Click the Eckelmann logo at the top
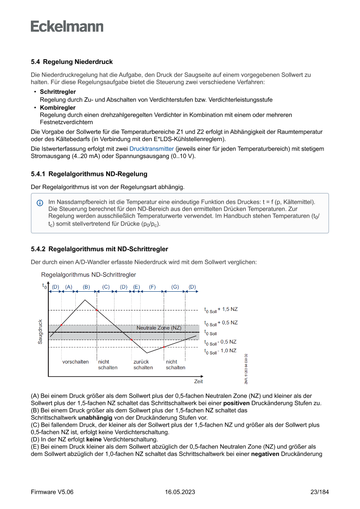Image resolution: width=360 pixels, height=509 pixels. tap(67, 26)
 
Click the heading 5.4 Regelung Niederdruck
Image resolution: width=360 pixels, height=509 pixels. tap(72, 62)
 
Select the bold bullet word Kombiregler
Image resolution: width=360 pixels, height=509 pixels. tap(57, 108)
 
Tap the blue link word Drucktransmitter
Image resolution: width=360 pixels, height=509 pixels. tap(151, 149)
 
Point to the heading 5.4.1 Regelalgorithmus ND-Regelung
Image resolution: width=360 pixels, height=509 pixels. tap(89, 174)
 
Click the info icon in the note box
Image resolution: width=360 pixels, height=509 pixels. tap(40, 203)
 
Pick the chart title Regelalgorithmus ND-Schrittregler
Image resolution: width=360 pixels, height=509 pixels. tap(88, 275)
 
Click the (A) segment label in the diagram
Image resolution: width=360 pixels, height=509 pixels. tap(69, 287)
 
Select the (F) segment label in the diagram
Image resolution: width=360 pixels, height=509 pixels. tap(152, 287)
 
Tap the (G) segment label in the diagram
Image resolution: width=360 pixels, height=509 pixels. tap(175, 287)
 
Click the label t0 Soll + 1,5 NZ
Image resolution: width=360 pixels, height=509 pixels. tap(221, 310)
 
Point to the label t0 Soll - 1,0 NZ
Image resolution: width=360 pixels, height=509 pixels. tap(220, 351)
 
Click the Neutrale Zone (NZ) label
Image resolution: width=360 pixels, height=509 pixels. tap(159, 327)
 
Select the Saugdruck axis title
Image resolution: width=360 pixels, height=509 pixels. tap(40, 332)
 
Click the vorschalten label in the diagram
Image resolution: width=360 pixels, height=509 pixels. tap(75, 362)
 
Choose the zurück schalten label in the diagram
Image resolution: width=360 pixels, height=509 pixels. tap(143, 365)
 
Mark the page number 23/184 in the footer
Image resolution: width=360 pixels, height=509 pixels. tap(320, 492)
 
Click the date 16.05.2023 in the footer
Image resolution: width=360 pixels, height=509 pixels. tap(180, 492)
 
